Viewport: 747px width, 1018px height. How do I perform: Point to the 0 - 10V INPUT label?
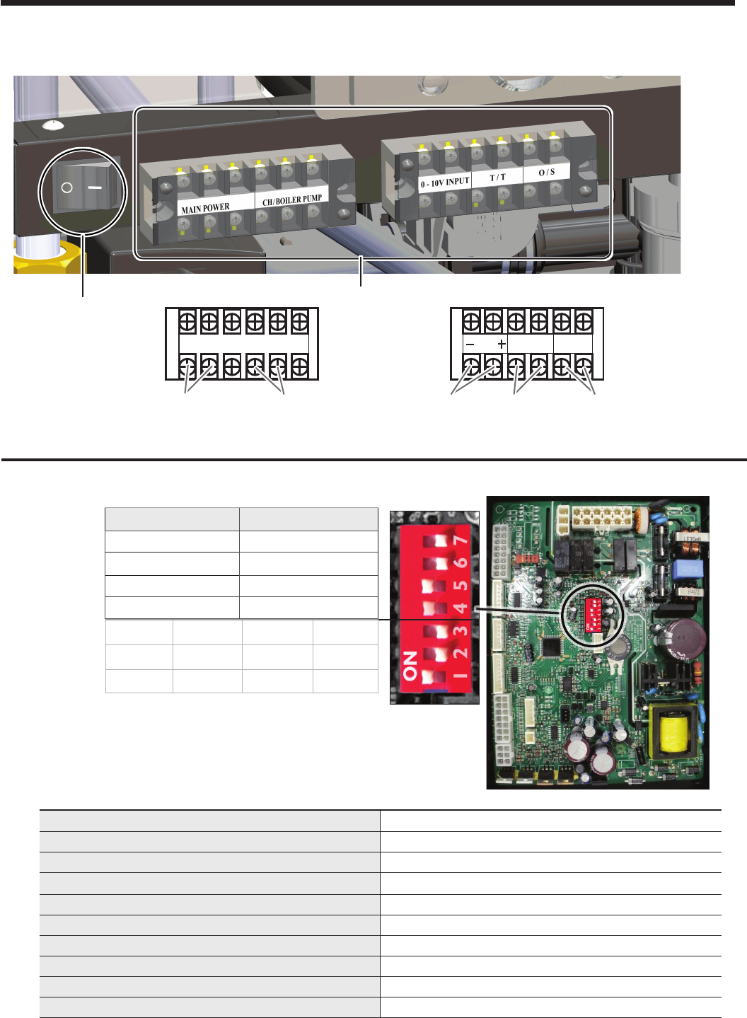click(x=445, y=183)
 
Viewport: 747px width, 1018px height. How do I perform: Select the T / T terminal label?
click(x=498, y=177)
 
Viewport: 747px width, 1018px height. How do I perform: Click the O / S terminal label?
click(x=547, y=172)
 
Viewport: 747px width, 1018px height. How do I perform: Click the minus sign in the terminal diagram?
click(x=471, y=345)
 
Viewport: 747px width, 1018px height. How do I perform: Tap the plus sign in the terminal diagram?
click(x=502, y=345)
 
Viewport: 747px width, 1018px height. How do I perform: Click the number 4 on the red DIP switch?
click(x=461, y=608)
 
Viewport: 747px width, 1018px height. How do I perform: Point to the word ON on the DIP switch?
click(x=410, y=665)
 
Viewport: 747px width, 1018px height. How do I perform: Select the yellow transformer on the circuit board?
click(x=673, y=733)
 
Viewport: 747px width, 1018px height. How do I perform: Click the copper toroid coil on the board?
click(x=642, y=519)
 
